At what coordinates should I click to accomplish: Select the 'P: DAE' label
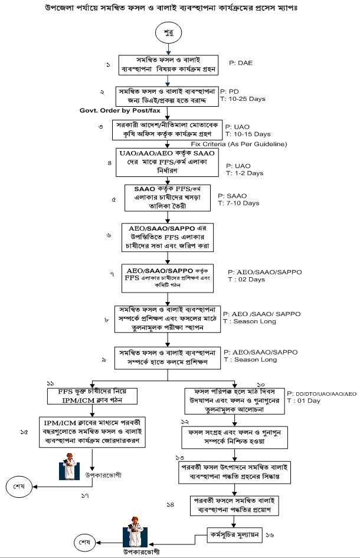coord(241,61)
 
